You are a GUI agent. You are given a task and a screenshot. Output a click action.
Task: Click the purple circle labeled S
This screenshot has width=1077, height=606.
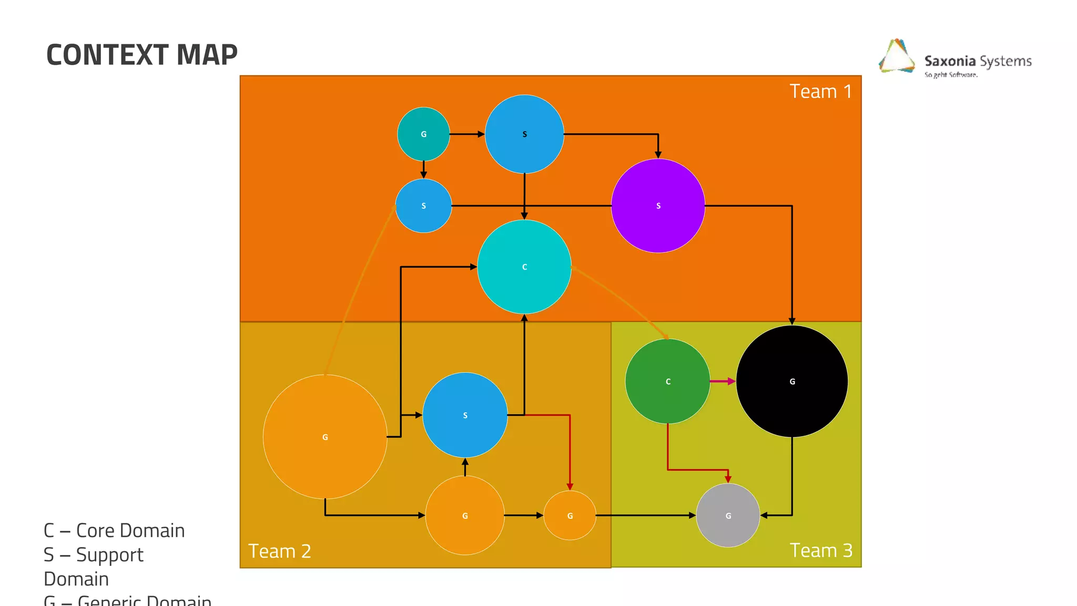pyautogui.click(x=658, y=206)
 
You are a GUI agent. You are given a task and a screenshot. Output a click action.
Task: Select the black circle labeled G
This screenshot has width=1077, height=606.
pyautogui.click(x=792, y=381)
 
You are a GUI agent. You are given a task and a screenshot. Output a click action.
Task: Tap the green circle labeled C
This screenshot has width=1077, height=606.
pyautogui.click(x=668, y=381)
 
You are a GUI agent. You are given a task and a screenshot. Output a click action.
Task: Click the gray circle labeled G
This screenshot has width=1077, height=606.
pyautogui.click(x=728, y=516)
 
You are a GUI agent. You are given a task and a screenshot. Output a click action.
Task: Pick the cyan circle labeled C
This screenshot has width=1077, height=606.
pyautogui.click(x=524, y=267)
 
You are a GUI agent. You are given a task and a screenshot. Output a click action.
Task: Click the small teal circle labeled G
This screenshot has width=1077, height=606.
pyautogui.click(x=423, y=134)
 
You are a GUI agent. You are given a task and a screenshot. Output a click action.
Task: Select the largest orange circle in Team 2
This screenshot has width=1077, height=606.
pyautogui.click(x=325, y=437)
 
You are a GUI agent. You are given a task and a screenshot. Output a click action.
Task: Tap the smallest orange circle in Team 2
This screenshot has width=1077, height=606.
pyautogui.click(x=570, y=516)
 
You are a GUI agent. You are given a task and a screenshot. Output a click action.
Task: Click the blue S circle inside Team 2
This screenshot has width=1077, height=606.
pyautogui.click(x=465, y=415)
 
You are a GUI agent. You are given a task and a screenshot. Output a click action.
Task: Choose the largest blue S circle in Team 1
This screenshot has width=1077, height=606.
pyautogui.click(x=524, y=134)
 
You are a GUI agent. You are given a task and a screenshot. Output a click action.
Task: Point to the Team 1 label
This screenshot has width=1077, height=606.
pyautogui.click(x=820, y=92)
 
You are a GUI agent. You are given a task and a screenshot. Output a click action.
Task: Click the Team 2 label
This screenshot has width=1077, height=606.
pyautogui.click(x=279, y=551)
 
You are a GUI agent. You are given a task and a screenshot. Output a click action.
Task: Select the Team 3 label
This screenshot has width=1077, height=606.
pyautogui.click(x=820, y=550)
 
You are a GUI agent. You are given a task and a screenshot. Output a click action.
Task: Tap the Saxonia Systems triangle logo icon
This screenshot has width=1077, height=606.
pyautogui.click(x=896, y=56)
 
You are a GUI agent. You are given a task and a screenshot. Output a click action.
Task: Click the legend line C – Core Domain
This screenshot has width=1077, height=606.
pyautogui.click(x=114, y=530)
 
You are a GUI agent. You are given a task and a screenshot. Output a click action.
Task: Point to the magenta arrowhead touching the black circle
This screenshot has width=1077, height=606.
pyautogui.click(x=731, y=381)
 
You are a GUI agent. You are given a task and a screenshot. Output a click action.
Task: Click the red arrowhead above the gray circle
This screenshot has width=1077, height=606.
pyautogui.click(x=728, y=479)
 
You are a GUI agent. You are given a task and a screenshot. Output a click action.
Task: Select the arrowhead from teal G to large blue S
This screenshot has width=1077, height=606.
pyautogui.click(x=481, y=134)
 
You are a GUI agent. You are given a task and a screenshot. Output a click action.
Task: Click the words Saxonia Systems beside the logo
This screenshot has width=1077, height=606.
pyautogui.click(x=978, y=61)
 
